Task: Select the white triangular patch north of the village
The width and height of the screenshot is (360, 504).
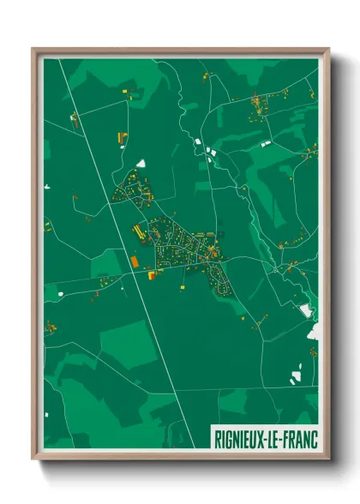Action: click(141, 162)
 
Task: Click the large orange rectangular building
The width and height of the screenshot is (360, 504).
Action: click(134, 259)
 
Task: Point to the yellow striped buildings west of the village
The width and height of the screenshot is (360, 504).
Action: click(137, 231)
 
